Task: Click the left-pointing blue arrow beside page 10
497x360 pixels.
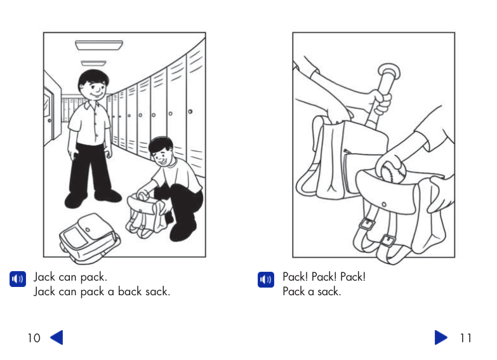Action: pyautogui.click(x=56, y=337)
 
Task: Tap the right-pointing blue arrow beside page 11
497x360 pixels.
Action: pyautogui.click(x=441, y=337)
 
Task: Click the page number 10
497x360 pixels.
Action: pyautogui.click(x=34, y=338)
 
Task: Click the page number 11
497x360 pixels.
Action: pyautogui.click(x=466, y=338)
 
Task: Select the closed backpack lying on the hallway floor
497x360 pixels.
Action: pyautogui.click(x=89, y=237)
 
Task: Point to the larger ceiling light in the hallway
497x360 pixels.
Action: pyautogui.click(x=98, y=45)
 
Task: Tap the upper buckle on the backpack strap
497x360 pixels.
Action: pyautogui.click(x=366, y=224)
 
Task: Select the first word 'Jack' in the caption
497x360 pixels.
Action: pyautogui.click(x=44, y=277)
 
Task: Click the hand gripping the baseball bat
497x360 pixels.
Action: pyautogui.click(x=380, y=101)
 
